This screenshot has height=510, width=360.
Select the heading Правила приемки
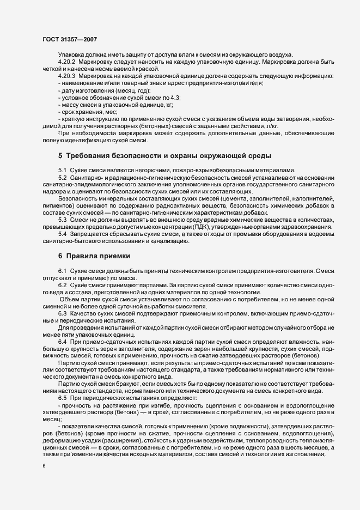(97, 256)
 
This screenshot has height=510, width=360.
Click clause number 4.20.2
(67, 62)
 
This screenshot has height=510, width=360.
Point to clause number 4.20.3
(67, 76)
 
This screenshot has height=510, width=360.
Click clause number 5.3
(62, 218)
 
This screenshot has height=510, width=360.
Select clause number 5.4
(62, 233)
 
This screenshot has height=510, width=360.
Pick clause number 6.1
(62, 270)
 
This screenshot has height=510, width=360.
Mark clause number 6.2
(62, 284)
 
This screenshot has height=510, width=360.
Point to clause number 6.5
(62, 398)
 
